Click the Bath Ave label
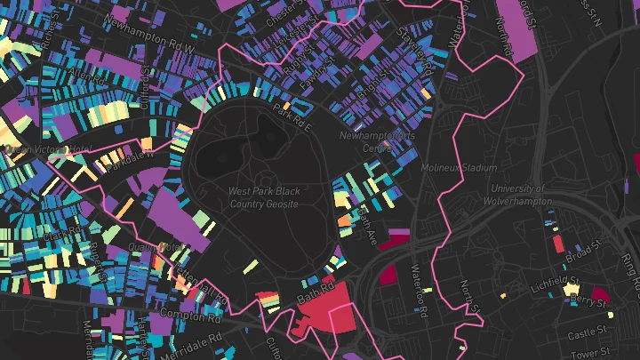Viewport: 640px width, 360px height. (x=367, y=222)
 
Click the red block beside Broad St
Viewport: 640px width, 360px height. (x=558, y=243)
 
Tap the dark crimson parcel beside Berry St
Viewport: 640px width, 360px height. (x=600, y=294)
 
